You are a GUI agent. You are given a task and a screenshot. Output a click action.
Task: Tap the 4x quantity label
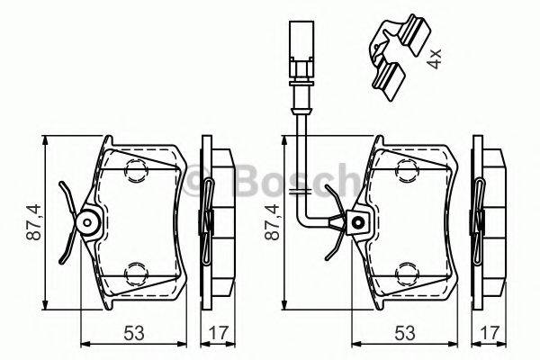(x=435, y=60)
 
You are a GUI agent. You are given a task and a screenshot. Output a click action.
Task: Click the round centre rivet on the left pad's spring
(x=89, y=220)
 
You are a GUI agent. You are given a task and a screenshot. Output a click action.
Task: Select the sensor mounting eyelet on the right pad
(x=359, y=220)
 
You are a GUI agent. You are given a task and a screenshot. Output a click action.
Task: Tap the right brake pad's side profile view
(x=487, y=220)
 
